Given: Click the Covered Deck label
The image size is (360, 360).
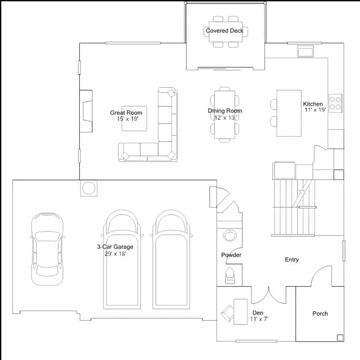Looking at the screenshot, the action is [224, 30].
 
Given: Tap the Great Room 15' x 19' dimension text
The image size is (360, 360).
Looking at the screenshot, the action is [128, 119].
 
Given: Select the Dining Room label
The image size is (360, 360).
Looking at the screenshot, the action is [225, 111].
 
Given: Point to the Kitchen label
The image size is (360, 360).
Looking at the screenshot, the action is [313, 103].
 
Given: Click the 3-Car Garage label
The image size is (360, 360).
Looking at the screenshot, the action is [115, 247].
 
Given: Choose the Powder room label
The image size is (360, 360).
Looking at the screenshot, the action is [231, 255].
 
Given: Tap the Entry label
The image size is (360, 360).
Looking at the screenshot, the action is [291, 260].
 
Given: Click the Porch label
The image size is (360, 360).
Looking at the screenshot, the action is [320, 313].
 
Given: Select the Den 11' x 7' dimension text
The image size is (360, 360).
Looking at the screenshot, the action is [259, 319].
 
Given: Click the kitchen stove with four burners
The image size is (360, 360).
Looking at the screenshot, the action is [335, 103].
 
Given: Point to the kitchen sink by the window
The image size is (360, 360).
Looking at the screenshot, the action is [305, 51].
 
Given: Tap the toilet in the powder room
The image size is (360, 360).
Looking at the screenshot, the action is [230, 276].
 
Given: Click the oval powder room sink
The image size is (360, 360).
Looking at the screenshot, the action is [229, 236].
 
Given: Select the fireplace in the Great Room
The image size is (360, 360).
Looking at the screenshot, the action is [86, 111].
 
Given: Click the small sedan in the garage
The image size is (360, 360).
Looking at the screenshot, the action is [47, 249].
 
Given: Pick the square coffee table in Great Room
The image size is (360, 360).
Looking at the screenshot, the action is [134, 119].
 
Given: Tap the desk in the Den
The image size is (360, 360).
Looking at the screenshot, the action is [240, 312].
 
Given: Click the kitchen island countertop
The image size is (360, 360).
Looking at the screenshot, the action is [289, 114].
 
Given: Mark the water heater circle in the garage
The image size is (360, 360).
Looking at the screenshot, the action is [89, 188].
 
